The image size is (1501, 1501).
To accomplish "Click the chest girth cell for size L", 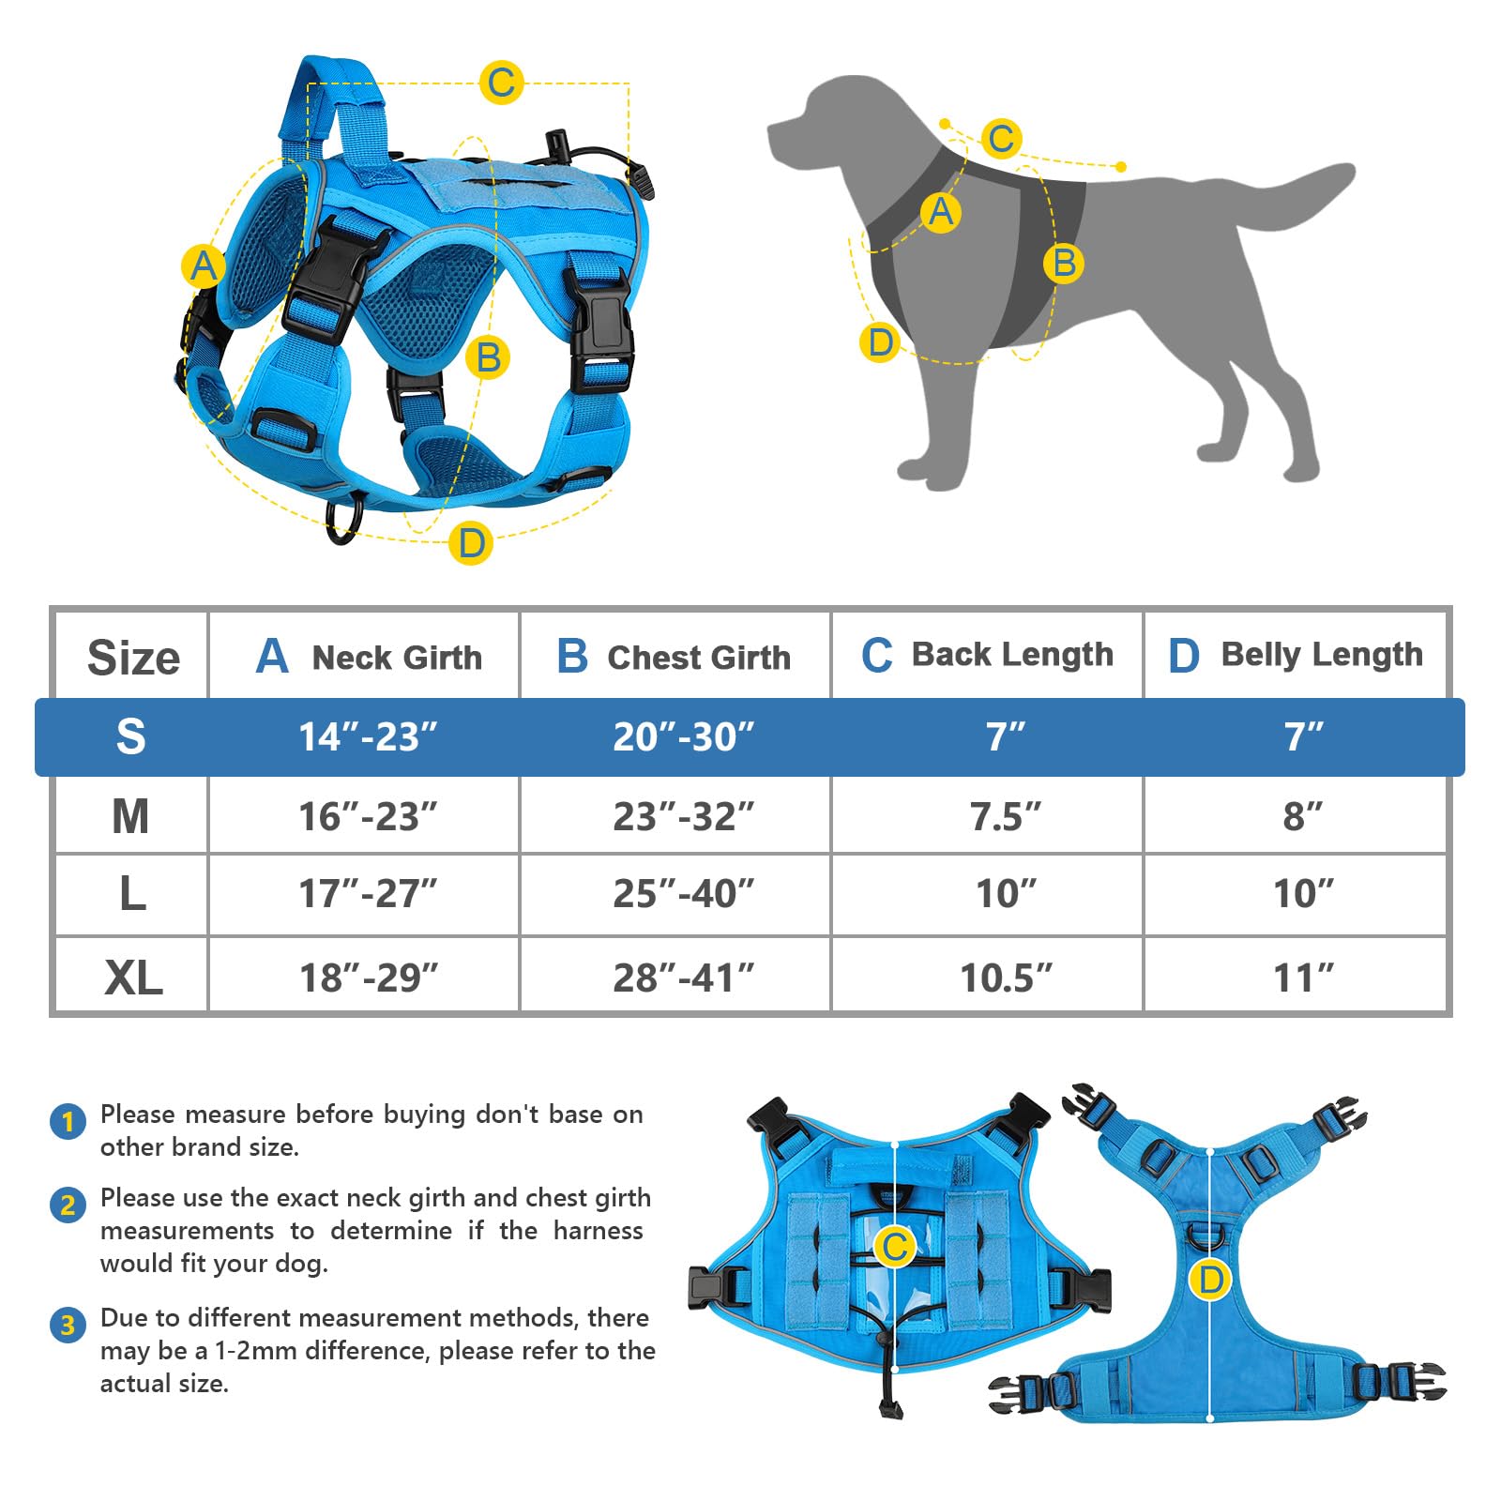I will coord(683,894).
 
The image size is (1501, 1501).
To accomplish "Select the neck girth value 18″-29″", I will coord(368,978).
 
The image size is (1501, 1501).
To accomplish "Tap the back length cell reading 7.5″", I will coord(1005,816).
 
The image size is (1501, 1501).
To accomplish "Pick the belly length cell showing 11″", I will coord(1303,978).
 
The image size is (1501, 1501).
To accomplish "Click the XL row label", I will coord(132,978).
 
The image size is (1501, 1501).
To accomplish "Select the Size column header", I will coord(132,657).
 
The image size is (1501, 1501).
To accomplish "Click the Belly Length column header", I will coord(1296,655).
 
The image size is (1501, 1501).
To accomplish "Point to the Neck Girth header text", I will coord(396,658).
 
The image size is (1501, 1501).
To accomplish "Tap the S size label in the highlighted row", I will coord(130,736).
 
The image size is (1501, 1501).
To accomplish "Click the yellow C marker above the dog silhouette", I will coord(1001,139).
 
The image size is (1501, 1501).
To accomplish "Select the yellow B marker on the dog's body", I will coord(1063,263).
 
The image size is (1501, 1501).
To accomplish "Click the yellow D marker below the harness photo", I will coord(471,543).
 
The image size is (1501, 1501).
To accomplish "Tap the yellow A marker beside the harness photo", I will coord(203,266).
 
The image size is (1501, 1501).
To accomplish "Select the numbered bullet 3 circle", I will coord(68,1325).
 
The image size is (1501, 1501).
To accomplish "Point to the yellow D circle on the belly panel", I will coord(1210,1280).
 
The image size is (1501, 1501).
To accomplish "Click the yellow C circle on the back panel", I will coord(894,1247).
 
